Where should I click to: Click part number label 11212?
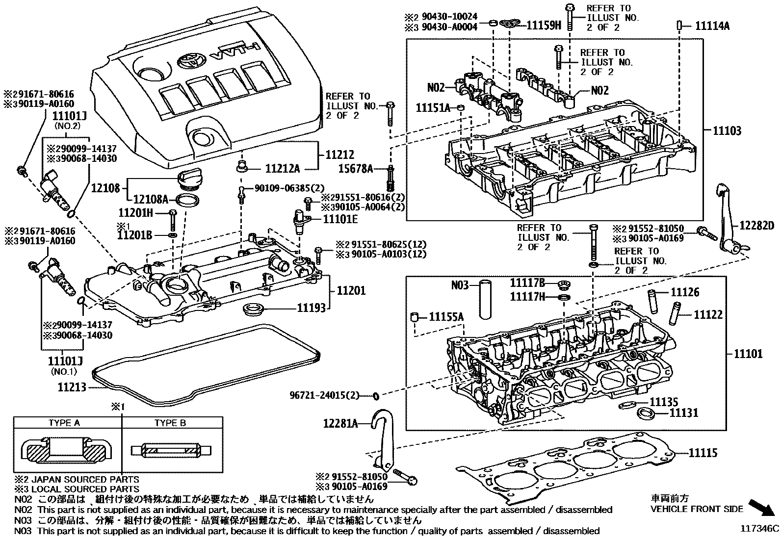click(x=340, y=155)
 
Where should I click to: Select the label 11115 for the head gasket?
click(x=703, y=453)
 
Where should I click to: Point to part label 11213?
click(x=72, y=387)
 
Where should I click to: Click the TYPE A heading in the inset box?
click(x=64, y=423)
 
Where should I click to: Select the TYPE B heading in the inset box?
click(x=170, y=423)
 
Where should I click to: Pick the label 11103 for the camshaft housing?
click(x=727, y=131)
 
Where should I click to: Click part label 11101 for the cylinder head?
click(x=748, y=354)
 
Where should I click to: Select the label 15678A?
click(x=355, y=169)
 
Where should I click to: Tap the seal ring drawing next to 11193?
click(x=254, y=309)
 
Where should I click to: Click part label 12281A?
click(x=340, y=423)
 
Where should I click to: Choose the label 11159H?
click(x=544, y=26)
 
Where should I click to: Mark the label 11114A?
click(x=712, y=26)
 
